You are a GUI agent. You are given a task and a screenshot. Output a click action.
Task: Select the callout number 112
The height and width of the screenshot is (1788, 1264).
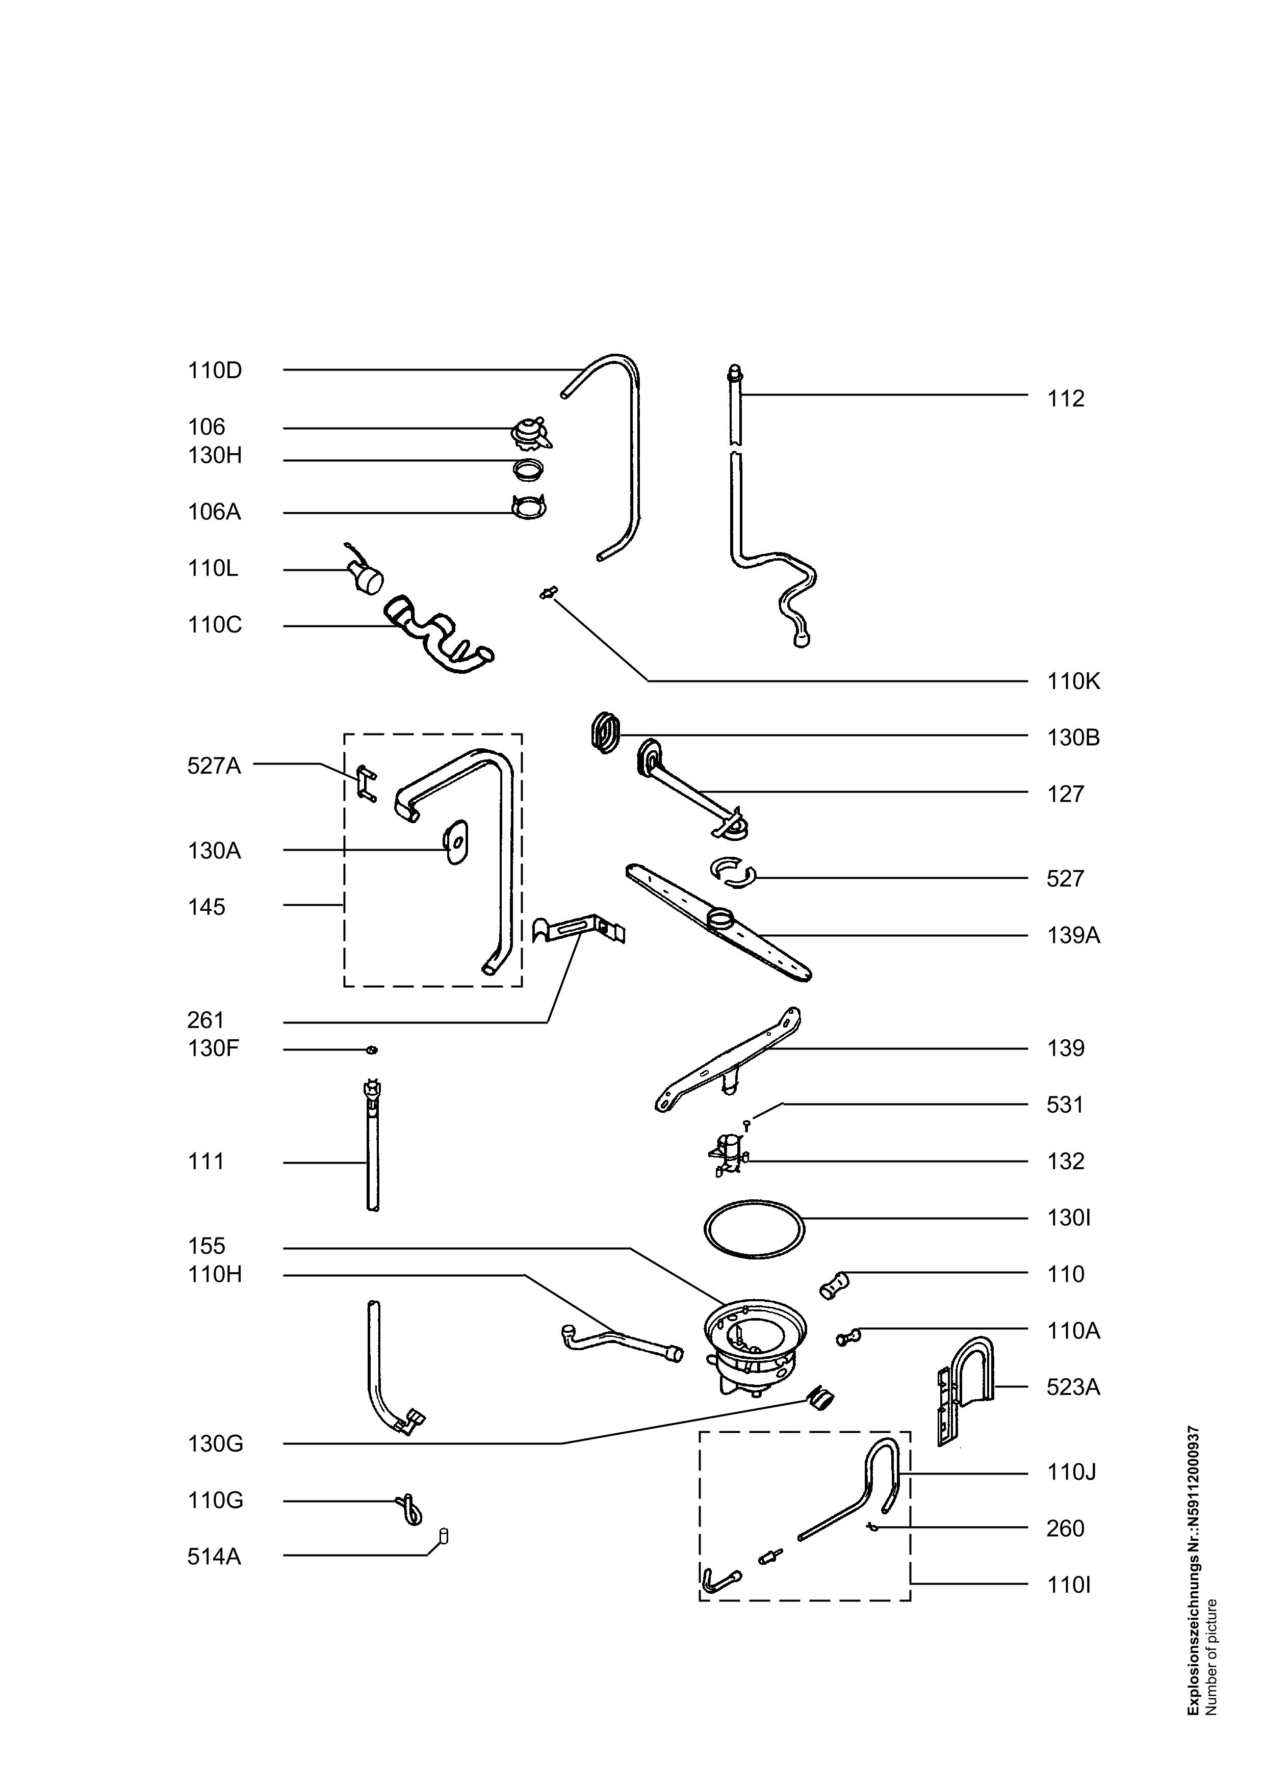pos(1066,399)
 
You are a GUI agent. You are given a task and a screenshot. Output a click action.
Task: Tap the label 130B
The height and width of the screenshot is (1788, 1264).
pos(1073,738)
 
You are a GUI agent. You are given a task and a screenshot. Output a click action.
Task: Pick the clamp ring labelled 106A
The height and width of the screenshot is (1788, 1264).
pos(529,508)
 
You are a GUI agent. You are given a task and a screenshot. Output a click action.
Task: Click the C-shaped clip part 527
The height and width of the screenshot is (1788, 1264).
pos(733,874)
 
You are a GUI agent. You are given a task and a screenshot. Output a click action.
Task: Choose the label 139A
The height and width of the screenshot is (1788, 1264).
pos(1073,935)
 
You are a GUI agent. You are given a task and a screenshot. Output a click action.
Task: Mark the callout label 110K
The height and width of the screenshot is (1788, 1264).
pos(1073,681)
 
